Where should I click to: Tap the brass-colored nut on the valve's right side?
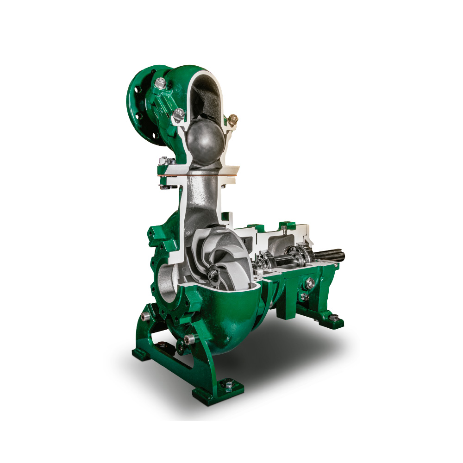pos(233,119)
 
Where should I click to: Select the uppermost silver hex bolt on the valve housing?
pos(161,84)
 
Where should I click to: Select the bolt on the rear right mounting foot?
pos(334,318)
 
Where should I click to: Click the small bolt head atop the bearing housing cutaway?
pos(283,226)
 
